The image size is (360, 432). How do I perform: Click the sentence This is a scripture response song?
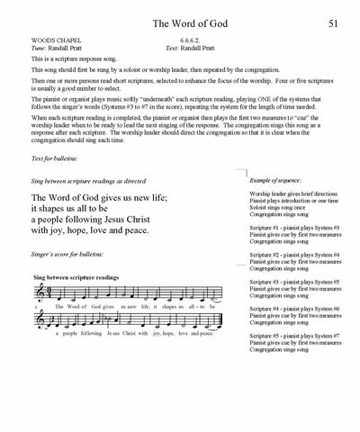pyautogui.click(x=67, y=59)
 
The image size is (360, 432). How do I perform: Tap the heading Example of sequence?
pyautogui.click(x=278, y=181)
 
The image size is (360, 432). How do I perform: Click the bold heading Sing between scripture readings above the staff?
pyautogui.click(x=75, y=276)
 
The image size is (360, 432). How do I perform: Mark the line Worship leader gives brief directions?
pyautogui.click(x=294, y=193)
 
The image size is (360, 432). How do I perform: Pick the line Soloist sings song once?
pyautogui.click(x=279, y=211)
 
